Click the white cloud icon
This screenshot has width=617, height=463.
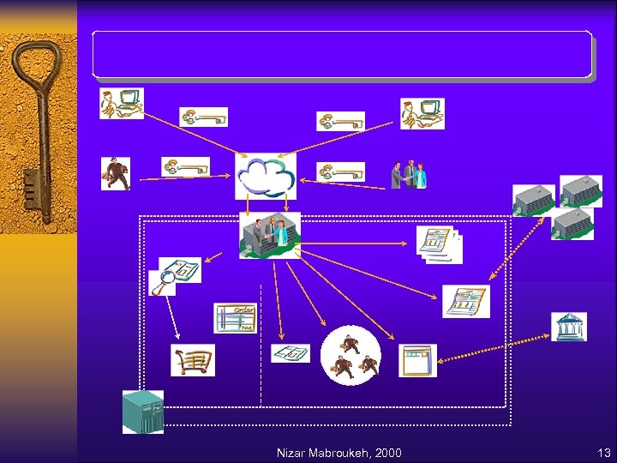click(x=266, y=176)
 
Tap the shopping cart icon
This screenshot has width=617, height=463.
click(x=192, y=360)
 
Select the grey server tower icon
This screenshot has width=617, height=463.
click(x=142, y=412)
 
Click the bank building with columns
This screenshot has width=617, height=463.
click(x=569, y=327)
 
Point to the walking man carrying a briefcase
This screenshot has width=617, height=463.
click(x=115, y=172)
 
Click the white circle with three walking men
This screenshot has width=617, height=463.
click(x=350, y=355)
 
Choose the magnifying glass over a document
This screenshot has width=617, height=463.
click(x=163, y=280)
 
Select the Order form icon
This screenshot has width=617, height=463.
click(x=235, y=318)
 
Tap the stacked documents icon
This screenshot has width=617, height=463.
click(x=439, y=245)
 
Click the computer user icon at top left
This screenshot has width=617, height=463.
click(x=121, y=104)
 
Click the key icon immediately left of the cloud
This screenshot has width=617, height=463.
click(x=186, y=166)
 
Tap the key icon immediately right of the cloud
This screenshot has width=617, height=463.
click(x=340, y=171)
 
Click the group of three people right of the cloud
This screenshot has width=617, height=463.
click(x=409, y=174)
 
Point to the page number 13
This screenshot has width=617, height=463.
click(x=602, y=453)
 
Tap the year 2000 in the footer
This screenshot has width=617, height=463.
click(x=388, y=453)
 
